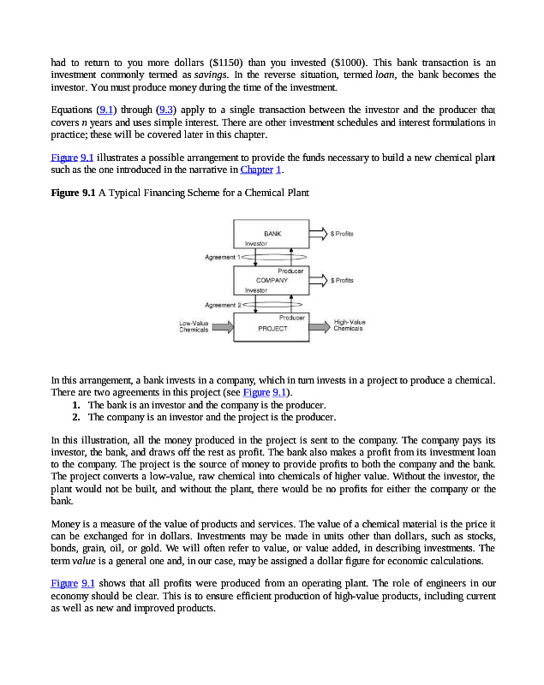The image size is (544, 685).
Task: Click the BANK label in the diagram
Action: coord(272,233)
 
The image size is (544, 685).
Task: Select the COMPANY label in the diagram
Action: coord(272,280)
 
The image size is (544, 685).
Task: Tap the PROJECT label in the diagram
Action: coord(272,329)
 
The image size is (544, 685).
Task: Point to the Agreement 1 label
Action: coord(221,257)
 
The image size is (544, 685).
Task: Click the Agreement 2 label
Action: coord(221,305)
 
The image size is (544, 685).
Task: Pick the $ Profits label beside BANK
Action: coord(344,233)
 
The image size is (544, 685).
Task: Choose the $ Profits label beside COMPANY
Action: coord(344,280)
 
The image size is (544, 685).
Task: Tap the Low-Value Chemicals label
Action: coord(194,326)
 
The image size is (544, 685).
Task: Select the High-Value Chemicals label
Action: coord(350,325)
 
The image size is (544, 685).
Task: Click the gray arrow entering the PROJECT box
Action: coord(223,327)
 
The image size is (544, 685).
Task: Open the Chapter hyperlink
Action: coord(256,170)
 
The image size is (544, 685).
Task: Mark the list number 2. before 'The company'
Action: coord(76,417)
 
